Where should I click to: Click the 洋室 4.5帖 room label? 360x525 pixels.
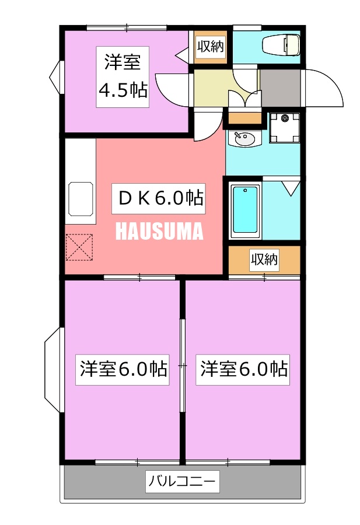[123, 76]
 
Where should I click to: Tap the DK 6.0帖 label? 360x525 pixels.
[158, 198]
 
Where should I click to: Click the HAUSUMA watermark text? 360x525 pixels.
[159, 231]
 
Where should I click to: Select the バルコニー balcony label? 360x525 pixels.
[183, 481]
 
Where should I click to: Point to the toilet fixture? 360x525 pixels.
[281, 45]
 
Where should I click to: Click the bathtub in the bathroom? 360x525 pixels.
[246, 210]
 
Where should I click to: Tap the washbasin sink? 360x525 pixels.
[244, 139]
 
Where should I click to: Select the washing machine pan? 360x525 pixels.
[285, 128]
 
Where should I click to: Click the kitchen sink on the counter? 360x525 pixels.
[81, 199]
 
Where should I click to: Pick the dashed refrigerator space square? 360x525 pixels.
[79, 247]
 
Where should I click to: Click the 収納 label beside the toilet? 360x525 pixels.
[210, 46]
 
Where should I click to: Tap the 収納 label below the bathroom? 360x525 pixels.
[264, 259]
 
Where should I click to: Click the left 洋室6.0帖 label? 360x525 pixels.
[123, 370]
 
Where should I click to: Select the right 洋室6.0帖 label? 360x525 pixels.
[243, 370]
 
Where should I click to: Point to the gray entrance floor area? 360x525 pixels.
[281, 87]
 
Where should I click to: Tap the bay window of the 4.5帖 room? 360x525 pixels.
[55, 78]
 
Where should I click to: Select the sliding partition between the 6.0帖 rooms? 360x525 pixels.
[183, 365]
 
